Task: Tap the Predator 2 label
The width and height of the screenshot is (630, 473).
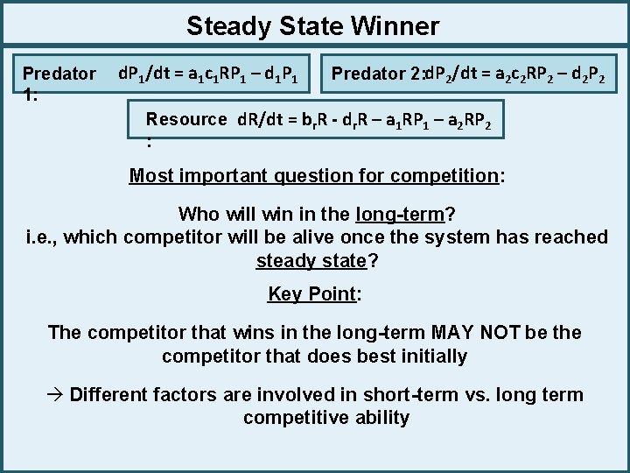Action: [376, 74]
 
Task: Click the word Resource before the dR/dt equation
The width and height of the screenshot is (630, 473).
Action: [185, 119]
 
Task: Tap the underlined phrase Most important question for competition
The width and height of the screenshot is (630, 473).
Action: [313, 175]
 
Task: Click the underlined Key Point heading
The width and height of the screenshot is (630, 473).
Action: [311, 293]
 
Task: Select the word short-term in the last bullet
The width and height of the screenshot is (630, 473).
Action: [411, 394]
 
